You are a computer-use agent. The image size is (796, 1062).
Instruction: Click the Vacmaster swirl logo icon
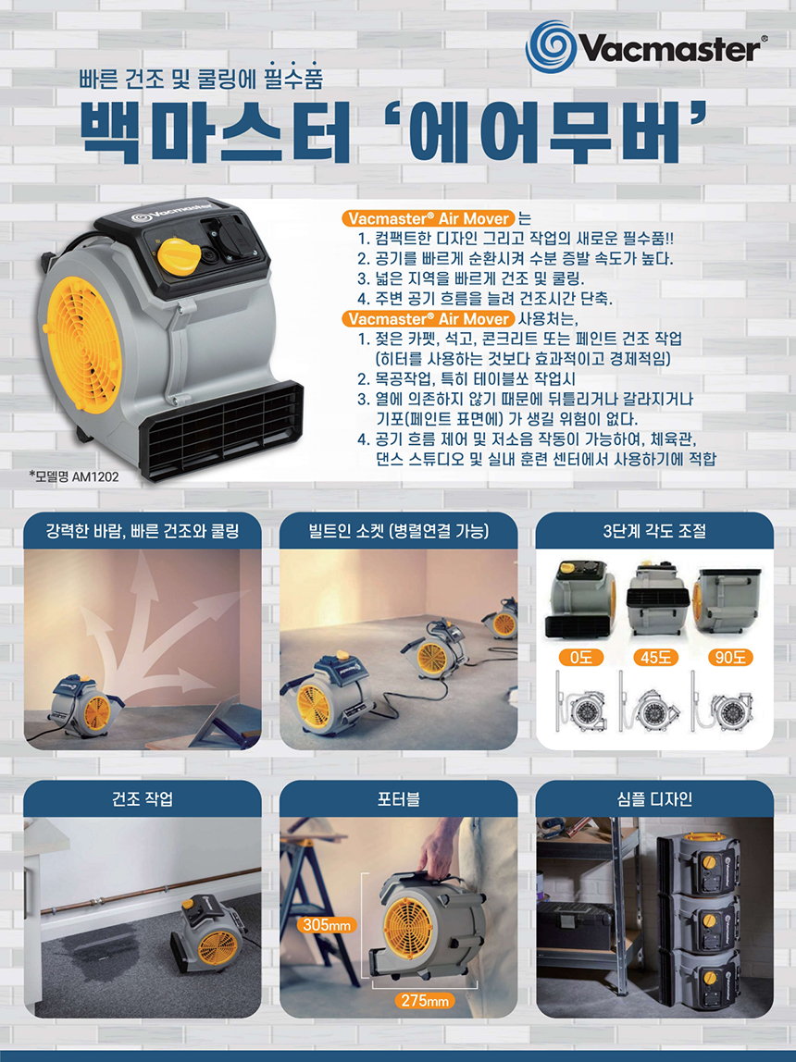(x=550, y=46)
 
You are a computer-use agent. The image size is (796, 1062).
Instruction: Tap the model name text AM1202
(x=94, y=476)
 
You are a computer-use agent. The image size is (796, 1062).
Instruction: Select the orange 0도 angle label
(x=580, y=657)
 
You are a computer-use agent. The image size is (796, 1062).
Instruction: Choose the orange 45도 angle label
(x=655, y=657)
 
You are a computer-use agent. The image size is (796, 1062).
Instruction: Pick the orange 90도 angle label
(x=729, y=657)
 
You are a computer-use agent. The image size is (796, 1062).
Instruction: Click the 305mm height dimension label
(x=327, y=924)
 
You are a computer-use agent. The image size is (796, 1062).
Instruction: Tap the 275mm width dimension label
(x=425, y=1000)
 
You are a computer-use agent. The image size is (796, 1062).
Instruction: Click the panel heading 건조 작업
(x=143, y=799)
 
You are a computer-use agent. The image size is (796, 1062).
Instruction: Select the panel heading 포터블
(x=398, y=799)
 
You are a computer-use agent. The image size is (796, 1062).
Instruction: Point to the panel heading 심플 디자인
(x=654, y=799)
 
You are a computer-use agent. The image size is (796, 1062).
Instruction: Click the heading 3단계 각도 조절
(x=654, y=531)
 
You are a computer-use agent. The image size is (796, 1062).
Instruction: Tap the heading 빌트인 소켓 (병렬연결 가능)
(x=398, y=531)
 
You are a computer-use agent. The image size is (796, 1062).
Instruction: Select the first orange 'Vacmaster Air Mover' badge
(x=429, y=218)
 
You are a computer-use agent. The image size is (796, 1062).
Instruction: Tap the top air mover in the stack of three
(x=699, y=866)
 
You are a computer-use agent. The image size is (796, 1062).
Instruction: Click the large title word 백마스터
(x=217, y=134)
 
